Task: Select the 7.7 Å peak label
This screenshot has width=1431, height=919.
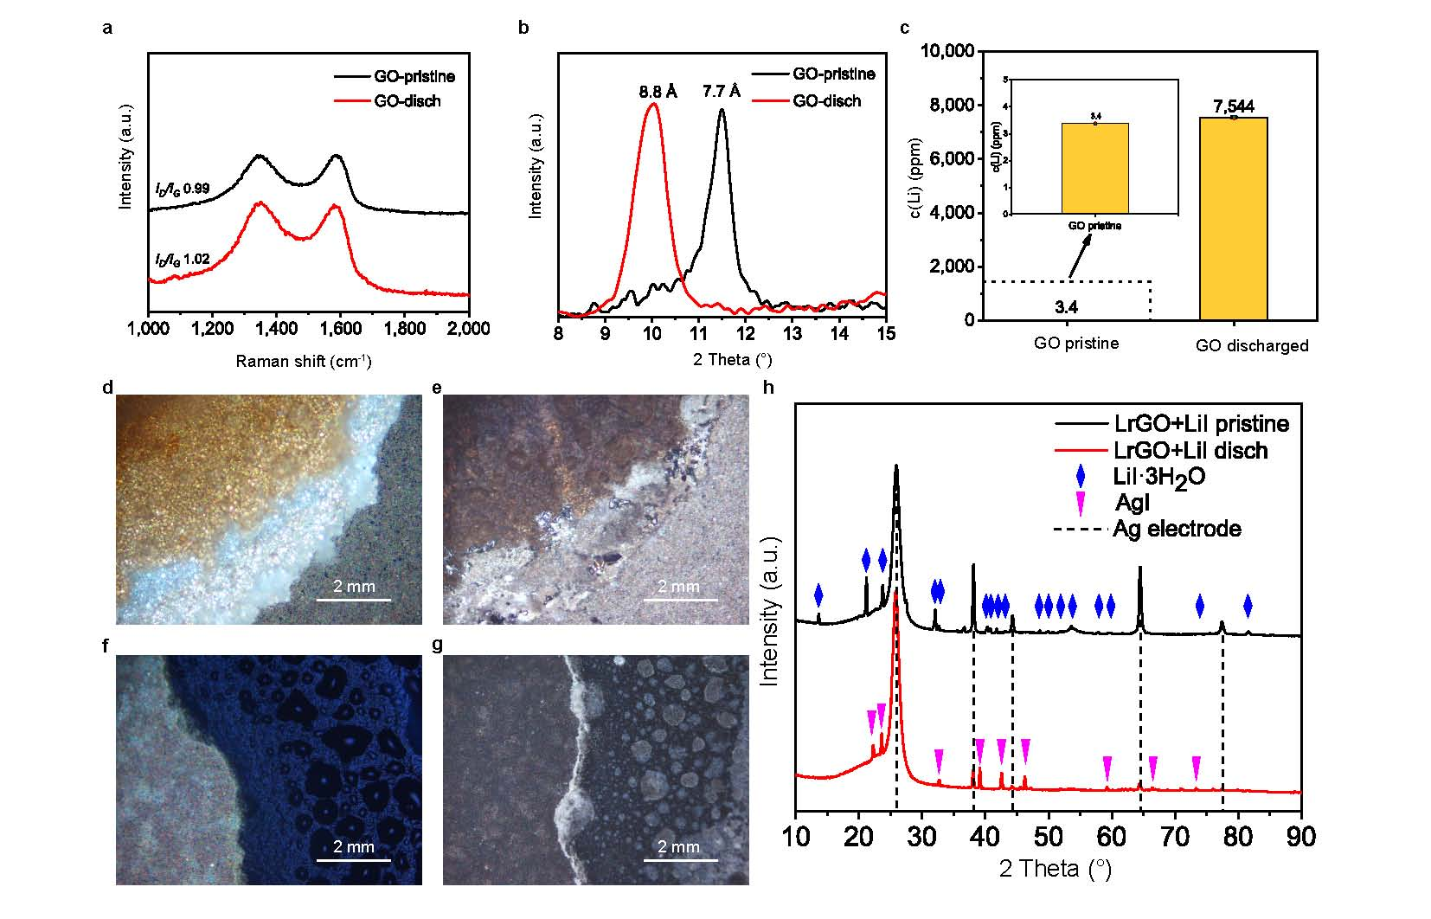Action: [x=722, y=90]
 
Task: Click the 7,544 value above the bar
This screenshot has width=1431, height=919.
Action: [x=1234, y=106]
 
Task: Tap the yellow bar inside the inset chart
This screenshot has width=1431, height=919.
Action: [x=1094, y=168]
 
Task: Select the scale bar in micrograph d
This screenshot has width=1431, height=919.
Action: [x=354, y=600]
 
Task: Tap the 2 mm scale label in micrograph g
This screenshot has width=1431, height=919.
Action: [x=679, y=847]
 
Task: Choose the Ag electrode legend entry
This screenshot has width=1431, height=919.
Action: [x=1177, y=528]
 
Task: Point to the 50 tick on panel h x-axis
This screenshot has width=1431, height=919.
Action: [x=1049, y=839]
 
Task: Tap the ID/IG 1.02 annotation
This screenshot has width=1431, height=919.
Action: [x=183, y=259]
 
